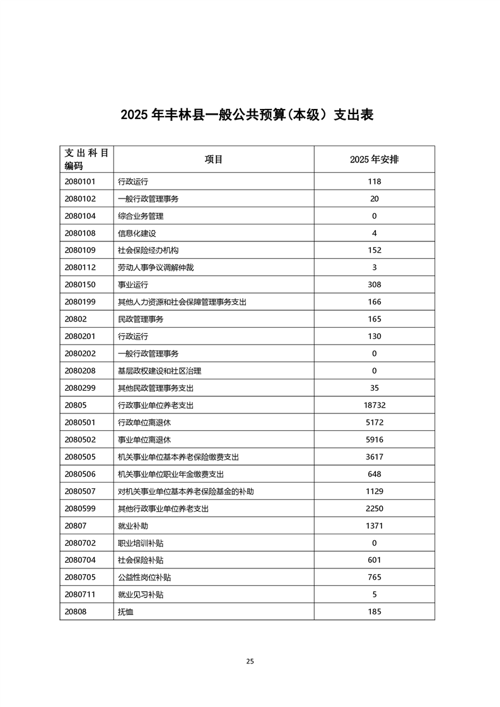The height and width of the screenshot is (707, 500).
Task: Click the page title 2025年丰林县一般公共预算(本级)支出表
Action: (247, 115)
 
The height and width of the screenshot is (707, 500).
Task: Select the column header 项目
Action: (214, 159)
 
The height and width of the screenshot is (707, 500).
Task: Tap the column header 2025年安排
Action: (374, 159)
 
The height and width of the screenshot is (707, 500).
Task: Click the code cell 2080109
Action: (79, 250)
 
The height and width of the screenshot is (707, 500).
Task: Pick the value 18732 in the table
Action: (374, 405)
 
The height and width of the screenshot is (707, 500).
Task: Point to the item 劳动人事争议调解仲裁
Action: (156, 267)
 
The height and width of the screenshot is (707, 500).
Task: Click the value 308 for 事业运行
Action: (374, 285)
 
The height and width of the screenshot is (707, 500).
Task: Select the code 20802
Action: (75, 319)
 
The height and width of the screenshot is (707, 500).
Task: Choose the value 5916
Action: (374, 440)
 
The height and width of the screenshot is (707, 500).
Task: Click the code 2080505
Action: (79, 457)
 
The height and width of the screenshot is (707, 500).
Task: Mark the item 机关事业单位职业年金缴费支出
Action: (171, 474)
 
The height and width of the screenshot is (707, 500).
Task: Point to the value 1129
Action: (374, 491)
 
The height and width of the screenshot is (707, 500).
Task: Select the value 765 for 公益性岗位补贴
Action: (374, 577)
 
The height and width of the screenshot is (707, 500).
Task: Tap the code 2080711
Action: (79, 594)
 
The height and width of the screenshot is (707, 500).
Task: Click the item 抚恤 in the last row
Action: (125, 611)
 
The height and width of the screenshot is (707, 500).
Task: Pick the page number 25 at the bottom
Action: (250, 661)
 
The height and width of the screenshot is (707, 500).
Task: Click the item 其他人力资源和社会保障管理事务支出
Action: (182, 302)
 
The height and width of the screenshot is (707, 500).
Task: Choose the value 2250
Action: (374, 509)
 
